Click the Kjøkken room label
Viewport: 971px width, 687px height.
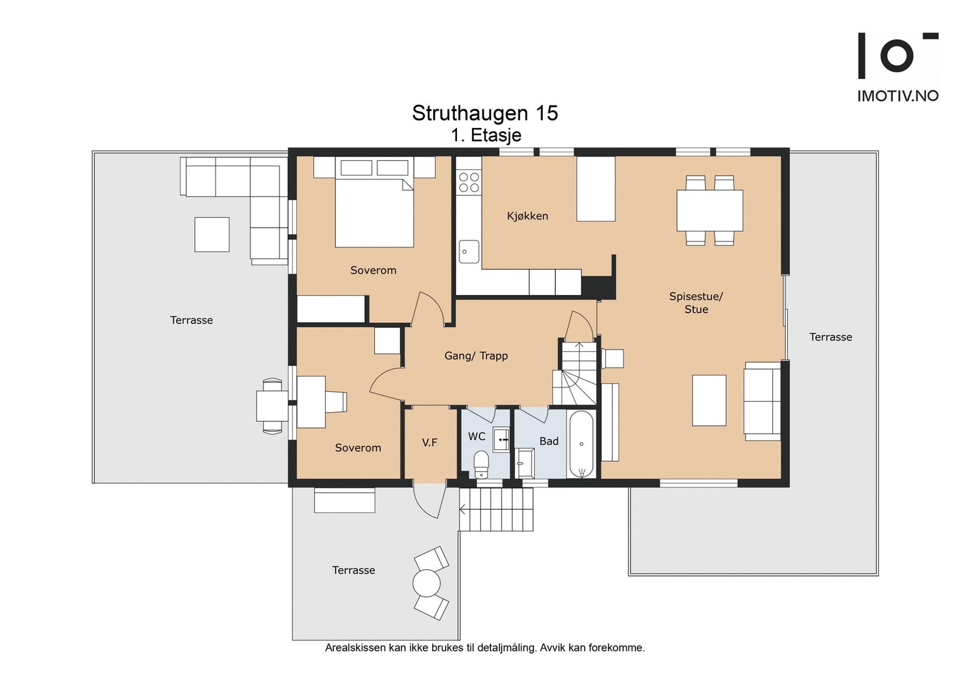[527, 216]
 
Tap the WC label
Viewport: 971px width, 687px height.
[476, 436]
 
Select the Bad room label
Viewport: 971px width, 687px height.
[549, 441]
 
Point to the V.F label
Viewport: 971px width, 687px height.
[430, 442]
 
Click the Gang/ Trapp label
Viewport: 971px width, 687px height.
[476, 356]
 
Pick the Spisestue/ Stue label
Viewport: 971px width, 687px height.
[696, 303]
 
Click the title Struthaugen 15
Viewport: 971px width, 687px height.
[485, 113]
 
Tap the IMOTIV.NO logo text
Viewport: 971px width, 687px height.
[898, 96]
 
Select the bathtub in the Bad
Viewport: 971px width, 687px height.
[581, 444]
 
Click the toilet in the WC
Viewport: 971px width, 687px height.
[481, 464]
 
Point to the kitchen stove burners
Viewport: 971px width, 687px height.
[469, 182]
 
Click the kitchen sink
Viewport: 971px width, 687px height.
[469, 251]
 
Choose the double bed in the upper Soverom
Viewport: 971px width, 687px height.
[374, 202]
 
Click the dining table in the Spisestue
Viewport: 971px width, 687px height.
[710, 210]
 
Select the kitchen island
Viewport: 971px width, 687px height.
[596, 189]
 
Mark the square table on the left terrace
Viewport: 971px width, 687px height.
[212, 234]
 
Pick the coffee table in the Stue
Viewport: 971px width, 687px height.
[709, 401]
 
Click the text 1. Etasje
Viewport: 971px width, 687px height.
[486, 135]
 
